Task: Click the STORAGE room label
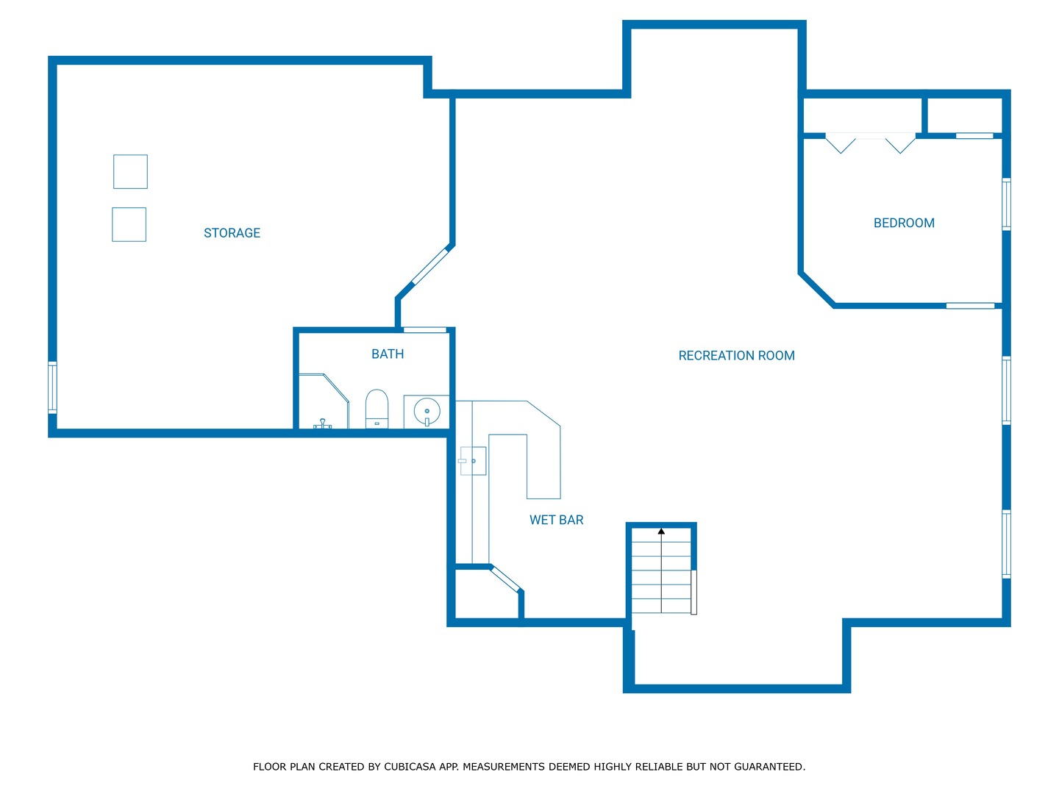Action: pyautogui.click(x=232, y=233)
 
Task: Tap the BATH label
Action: pyautogui.click(x=388, y=354)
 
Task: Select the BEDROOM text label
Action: pyautogui.click(x=904, y=223)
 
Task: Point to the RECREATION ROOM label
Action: pyautogui.click(x=736, y=355)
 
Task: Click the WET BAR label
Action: pyautogui.click(x=556, y=520)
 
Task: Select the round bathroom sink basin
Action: pyautogui.click(x=427, y=411)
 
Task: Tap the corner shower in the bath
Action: pyautogui.click(x=324, y=401)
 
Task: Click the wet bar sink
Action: pyautogui.click(x=473, y=461)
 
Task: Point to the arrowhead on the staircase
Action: pyautogui.click(x=661, y=532)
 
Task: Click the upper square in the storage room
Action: pyautogui.click(x=130, y=171)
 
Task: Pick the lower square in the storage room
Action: pyautogui.click(x=129, y=225)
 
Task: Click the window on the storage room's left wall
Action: pyautogui.click(x=53, y=387)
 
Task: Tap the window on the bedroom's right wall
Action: pyautogui.click(x=1006, y=204)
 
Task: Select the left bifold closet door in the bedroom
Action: pyautogui.click(x=841, y=144)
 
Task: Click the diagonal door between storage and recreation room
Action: pyautogui.click(x=430, y=265)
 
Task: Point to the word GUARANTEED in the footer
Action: pyautogui.click(x=769, y=767)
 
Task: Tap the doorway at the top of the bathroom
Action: pyautogui.click(x=424, y=330)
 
